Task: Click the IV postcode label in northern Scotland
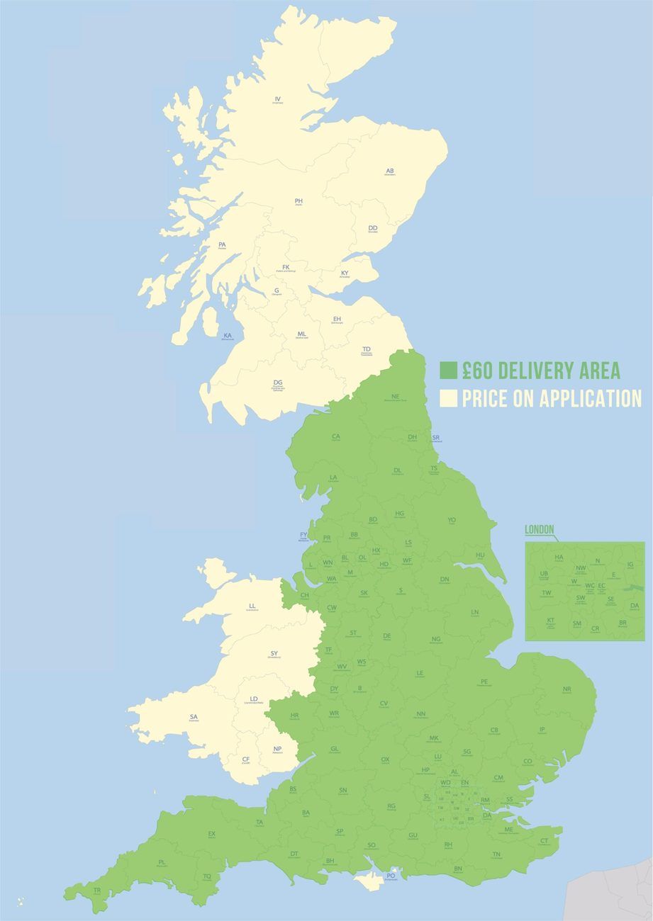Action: point(278,99)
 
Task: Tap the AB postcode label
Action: point(389,171)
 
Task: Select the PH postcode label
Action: point(298,201)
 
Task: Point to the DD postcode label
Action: point(373,228)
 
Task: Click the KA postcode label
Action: point(228,336)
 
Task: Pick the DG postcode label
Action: point(278,383)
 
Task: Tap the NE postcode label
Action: point(395,397)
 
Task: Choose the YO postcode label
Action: point(452,520)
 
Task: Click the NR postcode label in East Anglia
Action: point(567,689)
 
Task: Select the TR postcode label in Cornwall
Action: point(97,890)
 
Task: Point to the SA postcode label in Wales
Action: point(194,717)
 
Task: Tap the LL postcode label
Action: point(252,606)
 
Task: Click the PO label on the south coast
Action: point(391,876)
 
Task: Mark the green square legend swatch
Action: point(448,371)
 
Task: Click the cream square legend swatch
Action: point(448,399)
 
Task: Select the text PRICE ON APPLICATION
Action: point(552,399)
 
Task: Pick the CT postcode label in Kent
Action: point(544,841)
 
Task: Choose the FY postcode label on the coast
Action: point(304,535)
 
